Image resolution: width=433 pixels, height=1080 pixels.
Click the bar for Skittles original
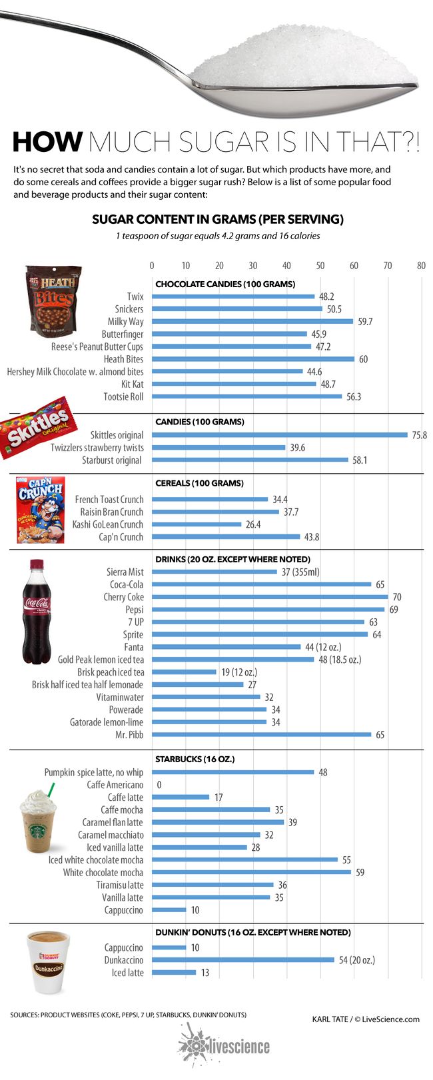point(280,435)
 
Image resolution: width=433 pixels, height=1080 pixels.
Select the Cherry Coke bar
point(270,597)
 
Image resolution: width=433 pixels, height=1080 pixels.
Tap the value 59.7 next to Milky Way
point(364,322)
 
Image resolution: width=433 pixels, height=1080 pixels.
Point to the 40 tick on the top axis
point(286,265)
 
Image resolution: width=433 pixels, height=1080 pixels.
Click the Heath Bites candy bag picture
point(53,299)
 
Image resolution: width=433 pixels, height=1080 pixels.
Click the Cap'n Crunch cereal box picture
point(40,509)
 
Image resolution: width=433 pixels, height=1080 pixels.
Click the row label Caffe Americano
point(115,785)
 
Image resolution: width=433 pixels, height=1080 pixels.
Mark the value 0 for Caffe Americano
point(159,785)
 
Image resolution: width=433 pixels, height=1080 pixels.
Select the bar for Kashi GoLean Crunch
point(197,524)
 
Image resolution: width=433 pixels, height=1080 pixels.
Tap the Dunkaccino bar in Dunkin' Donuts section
point(243,960)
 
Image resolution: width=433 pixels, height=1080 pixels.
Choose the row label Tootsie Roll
point(123,396)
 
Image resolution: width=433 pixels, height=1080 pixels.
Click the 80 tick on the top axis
point(421,265)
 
